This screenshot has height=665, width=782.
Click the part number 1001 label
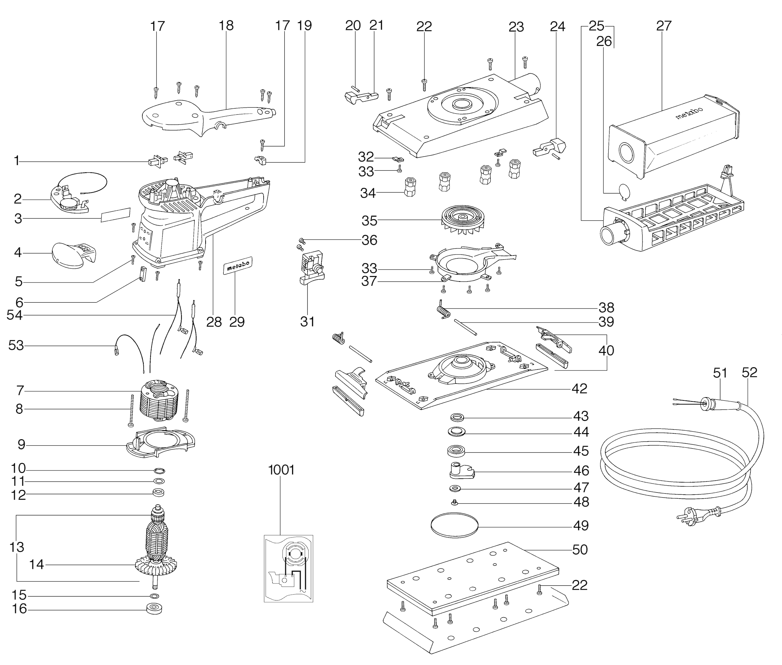click(281, 470)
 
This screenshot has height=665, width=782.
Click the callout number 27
click(664, 26)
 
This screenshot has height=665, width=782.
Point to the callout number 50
click(580, 550)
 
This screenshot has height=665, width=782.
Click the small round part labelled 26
click(624, 192)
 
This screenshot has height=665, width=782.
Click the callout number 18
click(226, 26)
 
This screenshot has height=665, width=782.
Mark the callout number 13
click(17, 547)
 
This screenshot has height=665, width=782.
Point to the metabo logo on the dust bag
click(689, 112)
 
